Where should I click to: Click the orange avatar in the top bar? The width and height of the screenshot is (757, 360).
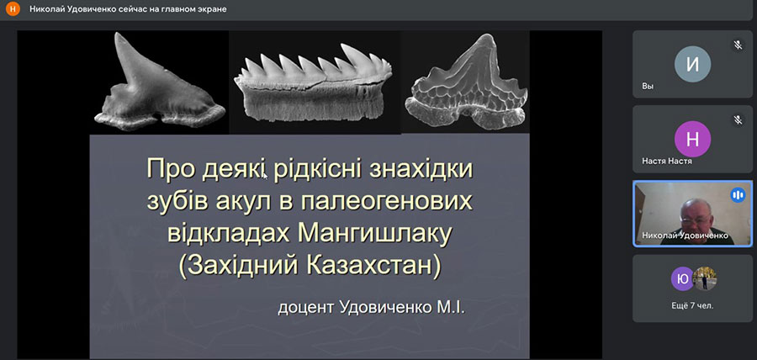pos(13,9)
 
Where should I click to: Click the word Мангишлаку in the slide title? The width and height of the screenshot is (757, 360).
pos(375,234)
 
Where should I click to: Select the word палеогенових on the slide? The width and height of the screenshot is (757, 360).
pos(386,203)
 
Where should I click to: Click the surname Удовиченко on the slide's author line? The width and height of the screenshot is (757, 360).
pos(384,307)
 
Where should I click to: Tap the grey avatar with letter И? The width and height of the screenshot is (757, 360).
pos(692,64)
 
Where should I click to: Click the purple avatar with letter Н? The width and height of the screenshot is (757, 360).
pos(692,139)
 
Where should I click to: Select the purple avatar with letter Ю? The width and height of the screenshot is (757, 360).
pos(682,279)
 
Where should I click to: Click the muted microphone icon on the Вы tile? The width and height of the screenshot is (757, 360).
pos(738,45)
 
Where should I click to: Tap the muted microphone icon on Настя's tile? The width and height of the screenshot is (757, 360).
pos(738,119)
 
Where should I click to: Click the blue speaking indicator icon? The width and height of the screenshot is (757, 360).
pos(738,195)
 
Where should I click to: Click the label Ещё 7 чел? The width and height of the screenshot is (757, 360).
pos(692,305)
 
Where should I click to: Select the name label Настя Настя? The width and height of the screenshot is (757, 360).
pos(667,161)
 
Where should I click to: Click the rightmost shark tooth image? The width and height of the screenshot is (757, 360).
pos(466,82)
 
